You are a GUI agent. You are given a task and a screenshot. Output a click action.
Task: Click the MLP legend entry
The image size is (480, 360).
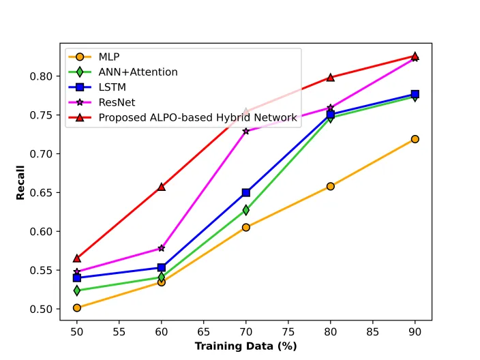109,57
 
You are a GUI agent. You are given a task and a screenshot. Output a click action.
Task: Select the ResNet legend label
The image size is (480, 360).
117,102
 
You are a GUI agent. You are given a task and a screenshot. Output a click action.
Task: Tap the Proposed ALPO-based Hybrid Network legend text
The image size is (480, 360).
198,117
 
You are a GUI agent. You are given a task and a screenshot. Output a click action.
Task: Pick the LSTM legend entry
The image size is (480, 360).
112,87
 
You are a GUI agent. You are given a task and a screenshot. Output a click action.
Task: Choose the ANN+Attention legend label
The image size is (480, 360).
138,72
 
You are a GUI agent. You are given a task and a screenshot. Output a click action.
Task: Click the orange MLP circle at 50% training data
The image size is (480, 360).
77,307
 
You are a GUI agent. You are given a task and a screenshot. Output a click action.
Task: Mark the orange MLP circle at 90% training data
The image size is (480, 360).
415,139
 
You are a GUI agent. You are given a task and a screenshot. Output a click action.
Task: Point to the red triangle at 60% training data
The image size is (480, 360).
162,187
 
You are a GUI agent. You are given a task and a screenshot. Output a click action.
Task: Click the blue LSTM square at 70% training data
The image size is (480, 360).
246,192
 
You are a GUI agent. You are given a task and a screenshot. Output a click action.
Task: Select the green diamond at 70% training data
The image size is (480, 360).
246,210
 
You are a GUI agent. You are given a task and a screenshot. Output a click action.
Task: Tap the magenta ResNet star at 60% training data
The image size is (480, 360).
162,248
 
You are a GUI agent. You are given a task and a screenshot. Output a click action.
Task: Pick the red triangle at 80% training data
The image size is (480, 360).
330,77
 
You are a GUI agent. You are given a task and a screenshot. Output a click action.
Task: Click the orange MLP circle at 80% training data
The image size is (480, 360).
330,186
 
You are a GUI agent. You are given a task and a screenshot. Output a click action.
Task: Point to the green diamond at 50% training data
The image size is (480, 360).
77,290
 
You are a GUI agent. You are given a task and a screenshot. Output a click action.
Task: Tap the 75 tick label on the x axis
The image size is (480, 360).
288,331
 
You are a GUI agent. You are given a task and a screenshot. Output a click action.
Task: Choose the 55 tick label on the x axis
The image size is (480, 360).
119,331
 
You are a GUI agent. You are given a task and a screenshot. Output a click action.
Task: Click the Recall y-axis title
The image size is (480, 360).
20,183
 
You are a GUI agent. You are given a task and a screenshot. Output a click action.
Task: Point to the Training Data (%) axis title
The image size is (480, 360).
246,346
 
